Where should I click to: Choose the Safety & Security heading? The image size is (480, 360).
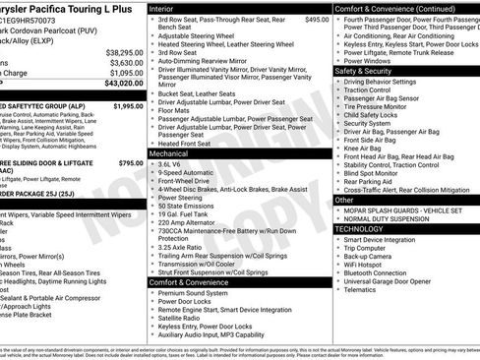coord(363,71)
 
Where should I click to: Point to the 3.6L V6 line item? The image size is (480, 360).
coord(172,165)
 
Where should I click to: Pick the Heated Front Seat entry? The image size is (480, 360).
coord(188,144)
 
